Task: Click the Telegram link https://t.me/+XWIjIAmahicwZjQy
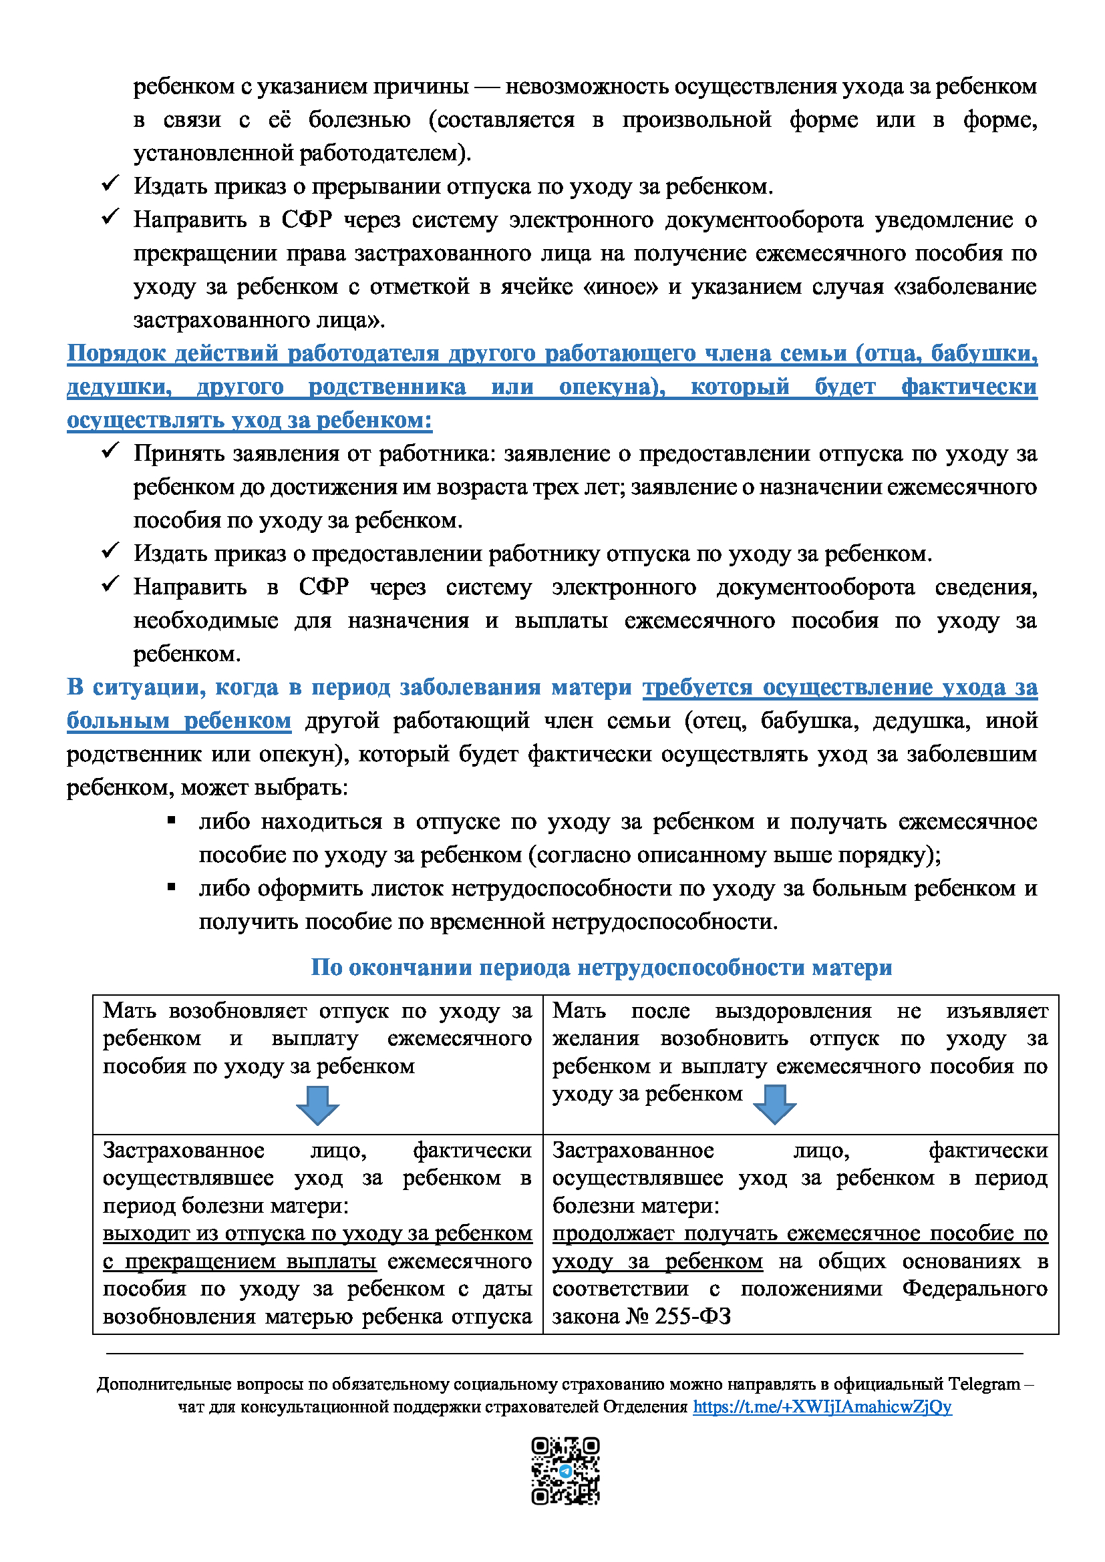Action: coord(822,1407)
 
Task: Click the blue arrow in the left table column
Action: coord(318,1105)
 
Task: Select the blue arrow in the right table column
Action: coord(775,1103)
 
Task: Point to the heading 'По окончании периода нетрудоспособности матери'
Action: coord(601,967)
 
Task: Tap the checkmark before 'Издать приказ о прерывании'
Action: coord(110,184)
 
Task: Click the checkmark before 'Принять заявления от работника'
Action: coord(110,450)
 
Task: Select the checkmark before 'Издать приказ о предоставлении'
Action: coord(110,550)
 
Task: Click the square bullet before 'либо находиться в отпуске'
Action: coord(172,821)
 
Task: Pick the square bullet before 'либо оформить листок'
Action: coord(172,888)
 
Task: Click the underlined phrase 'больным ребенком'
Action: coord(179,721)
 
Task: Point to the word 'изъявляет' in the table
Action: coord(996,1011)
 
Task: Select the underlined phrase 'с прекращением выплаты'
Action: coord(240,1261)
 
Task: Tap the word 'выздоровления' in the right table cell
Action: coord(793,1011)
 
